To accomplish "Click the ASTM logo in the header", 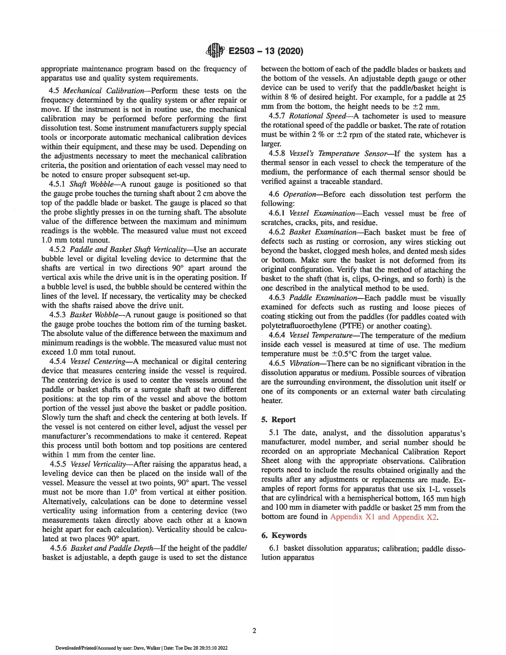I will tap(215, 51).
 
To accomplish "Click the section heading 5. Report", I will tap(278, 420).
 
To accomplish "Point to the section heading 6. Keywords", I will tap(284, 536).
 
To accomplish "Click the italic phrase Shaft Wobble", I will tap(91, 184).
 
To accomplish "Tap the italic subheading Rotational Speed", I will tap(317, 116).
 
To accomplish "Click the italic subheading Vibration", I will tap(304, 364).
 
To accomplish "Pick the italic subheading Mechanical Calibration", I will tap(104, 91).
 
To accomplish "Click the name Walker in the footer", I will tap(154, 648).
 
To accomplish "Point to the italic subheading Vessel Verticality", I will tap(98, 464).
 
